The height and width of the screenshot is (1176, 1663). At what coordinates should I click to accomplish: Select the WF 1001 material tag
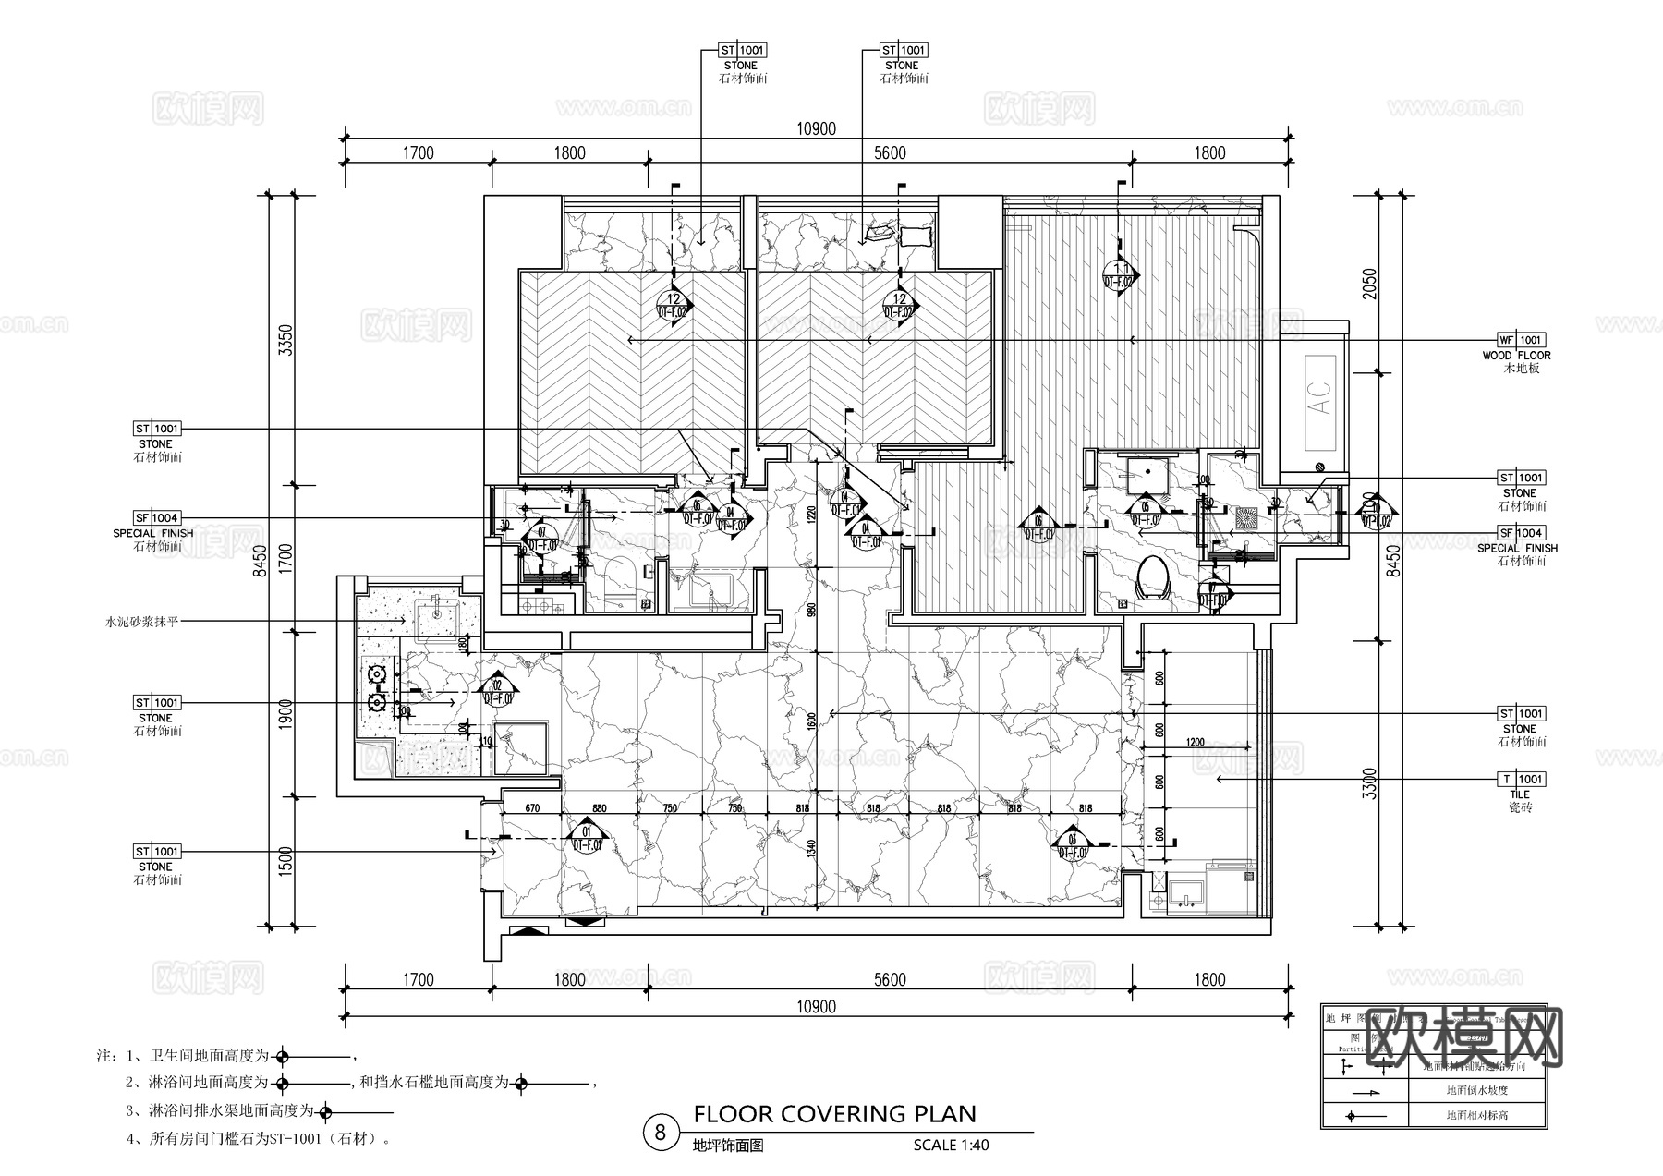(1521, 340)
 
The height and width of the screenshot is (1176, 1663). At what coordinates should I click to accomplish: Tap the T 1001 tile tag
(1521, 779)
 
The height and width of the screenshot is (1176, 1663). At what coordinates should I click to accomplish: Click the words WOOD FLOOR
(1516, 355)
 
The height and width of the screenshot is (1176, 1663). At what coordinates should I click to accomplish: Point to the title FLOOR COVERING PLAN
(834, 1113)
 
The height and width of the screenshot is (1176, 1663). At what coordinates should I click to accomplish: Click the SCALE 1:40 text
(951, 1145)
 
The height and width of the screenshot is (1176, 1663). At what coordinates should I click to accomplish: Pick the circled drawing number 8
(660, 1133)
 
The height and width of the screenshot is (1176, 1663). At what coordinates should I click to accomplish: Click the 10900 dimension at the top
(816, 129)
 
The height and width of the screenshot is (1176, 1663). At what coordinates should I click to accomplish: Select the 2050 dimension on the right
(1369, 284)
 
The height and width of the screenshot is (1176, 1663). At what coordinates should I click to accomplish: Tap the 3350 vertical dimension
(285, 340)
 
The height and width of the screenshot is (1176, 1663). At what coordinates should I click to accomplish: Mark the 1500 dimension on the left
(285, 861)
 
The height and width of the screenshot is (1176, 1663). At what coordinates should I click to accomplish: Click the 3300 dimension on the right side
(1369, 783)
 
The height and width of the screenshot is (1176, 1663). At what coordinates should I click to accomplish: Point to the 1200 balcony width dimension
(1195, 742)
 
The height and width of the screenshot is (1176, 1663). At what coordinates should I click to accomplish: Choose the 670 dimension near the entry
(532, 808)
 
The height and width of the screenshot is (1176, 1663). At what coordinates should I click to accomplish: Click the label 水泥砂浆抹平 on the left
(141, 623)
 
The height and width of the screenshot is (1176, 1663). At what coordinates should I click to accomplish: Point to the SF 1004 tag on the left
(156, 518)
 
